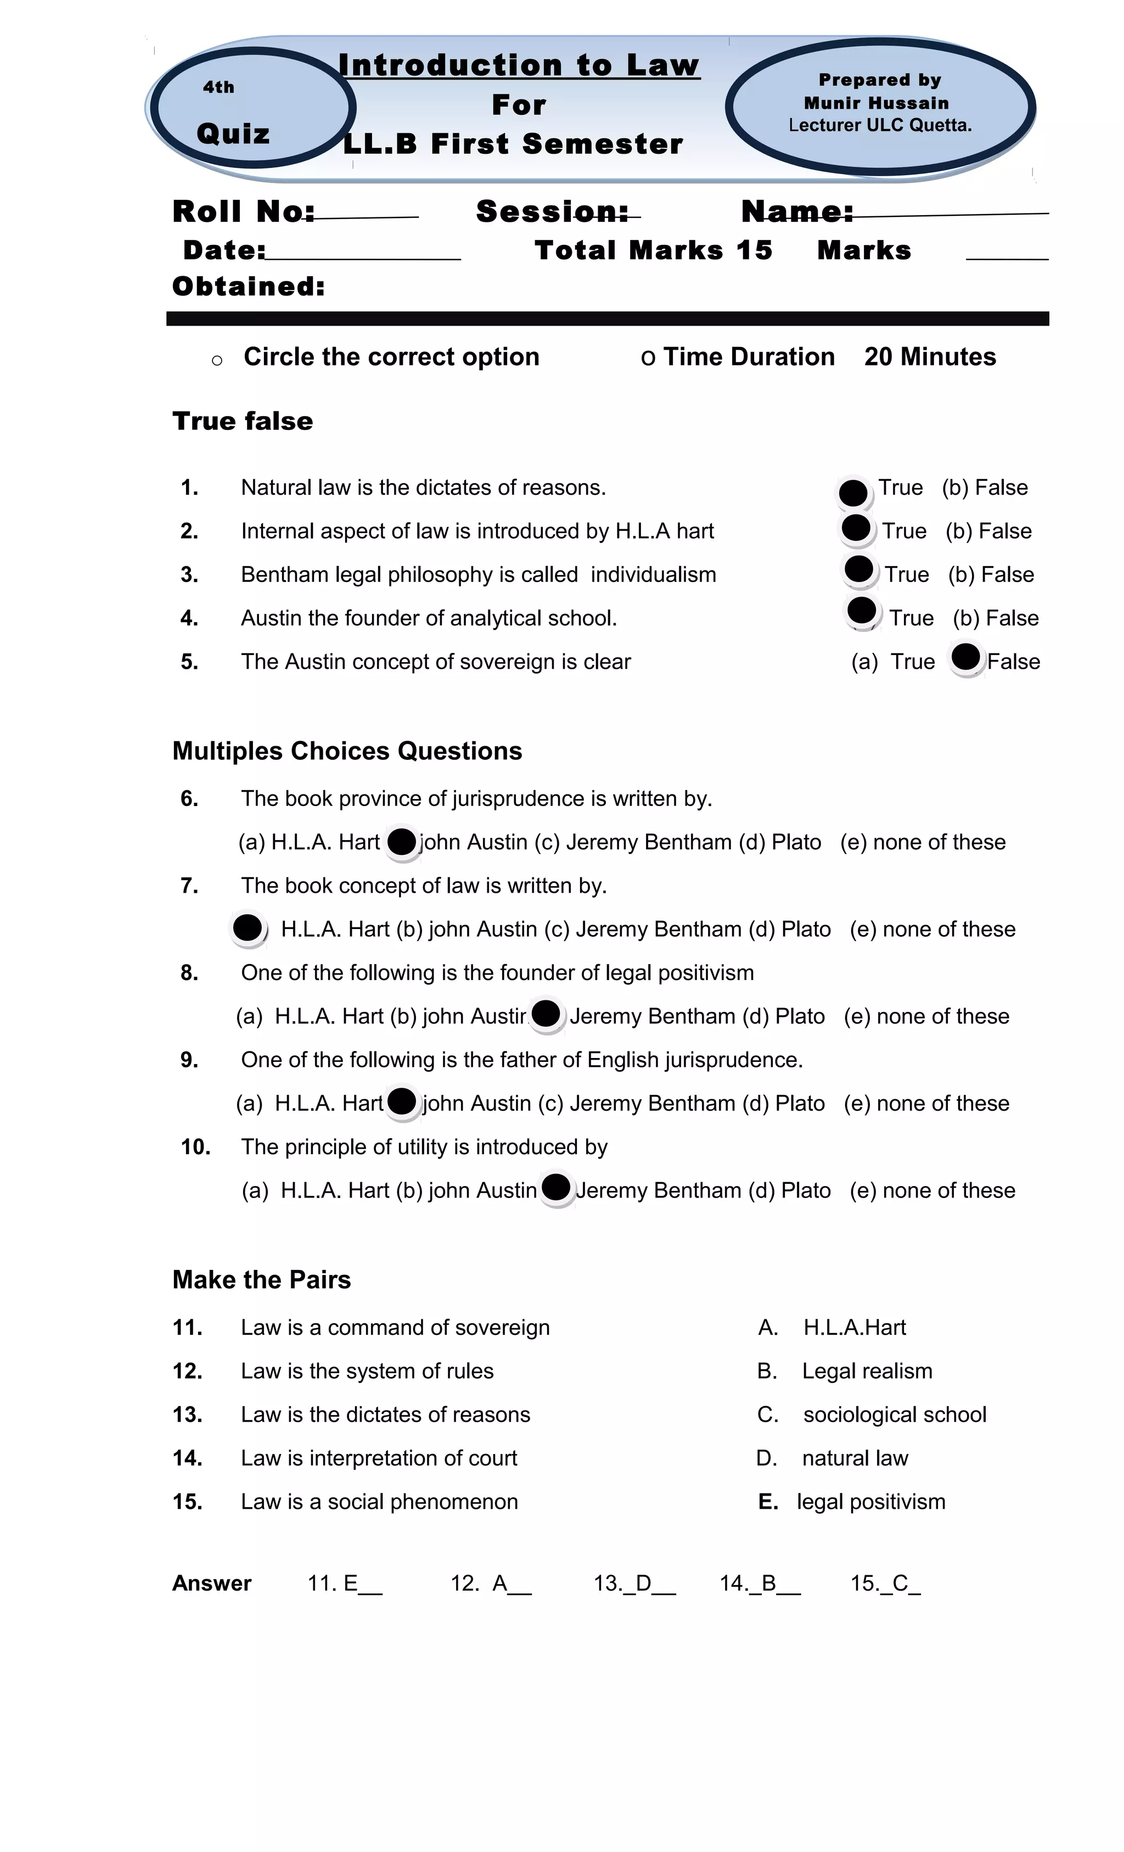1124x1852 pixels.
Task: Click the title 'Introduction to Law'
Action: click(519, 65)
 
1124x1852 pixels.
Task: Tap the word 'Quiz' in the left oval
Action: click(233, 134)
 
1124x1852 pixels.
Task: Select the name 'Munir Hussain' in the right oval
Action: click(876, 103)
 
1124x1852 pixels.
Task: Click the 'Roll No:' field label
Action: click(243, 211)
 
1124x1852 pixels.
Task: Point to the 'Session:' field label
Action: click(552, 211)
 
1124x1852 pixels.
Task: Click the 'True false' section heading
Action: click(242, 421)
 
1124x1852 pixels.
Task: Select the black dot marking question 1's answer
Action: click(853, 493)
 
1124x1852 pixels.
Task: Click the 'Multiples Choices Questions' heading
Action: click(347, 751)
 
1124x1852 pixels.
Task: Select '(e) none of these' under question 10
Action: click(932, 1190)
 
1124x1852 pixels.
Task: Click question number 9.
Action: click(189, 1060)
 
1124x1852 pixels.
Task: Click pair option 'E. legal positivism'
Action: click(851, 1502)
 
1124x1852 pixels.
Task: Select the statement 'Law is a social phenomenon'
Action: click(379, 1502)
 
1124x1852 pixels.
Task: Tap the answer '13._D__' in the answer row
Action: click(633, 1584)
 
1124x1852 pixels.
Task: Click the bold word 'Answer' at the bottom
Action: click(212, 1584)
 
